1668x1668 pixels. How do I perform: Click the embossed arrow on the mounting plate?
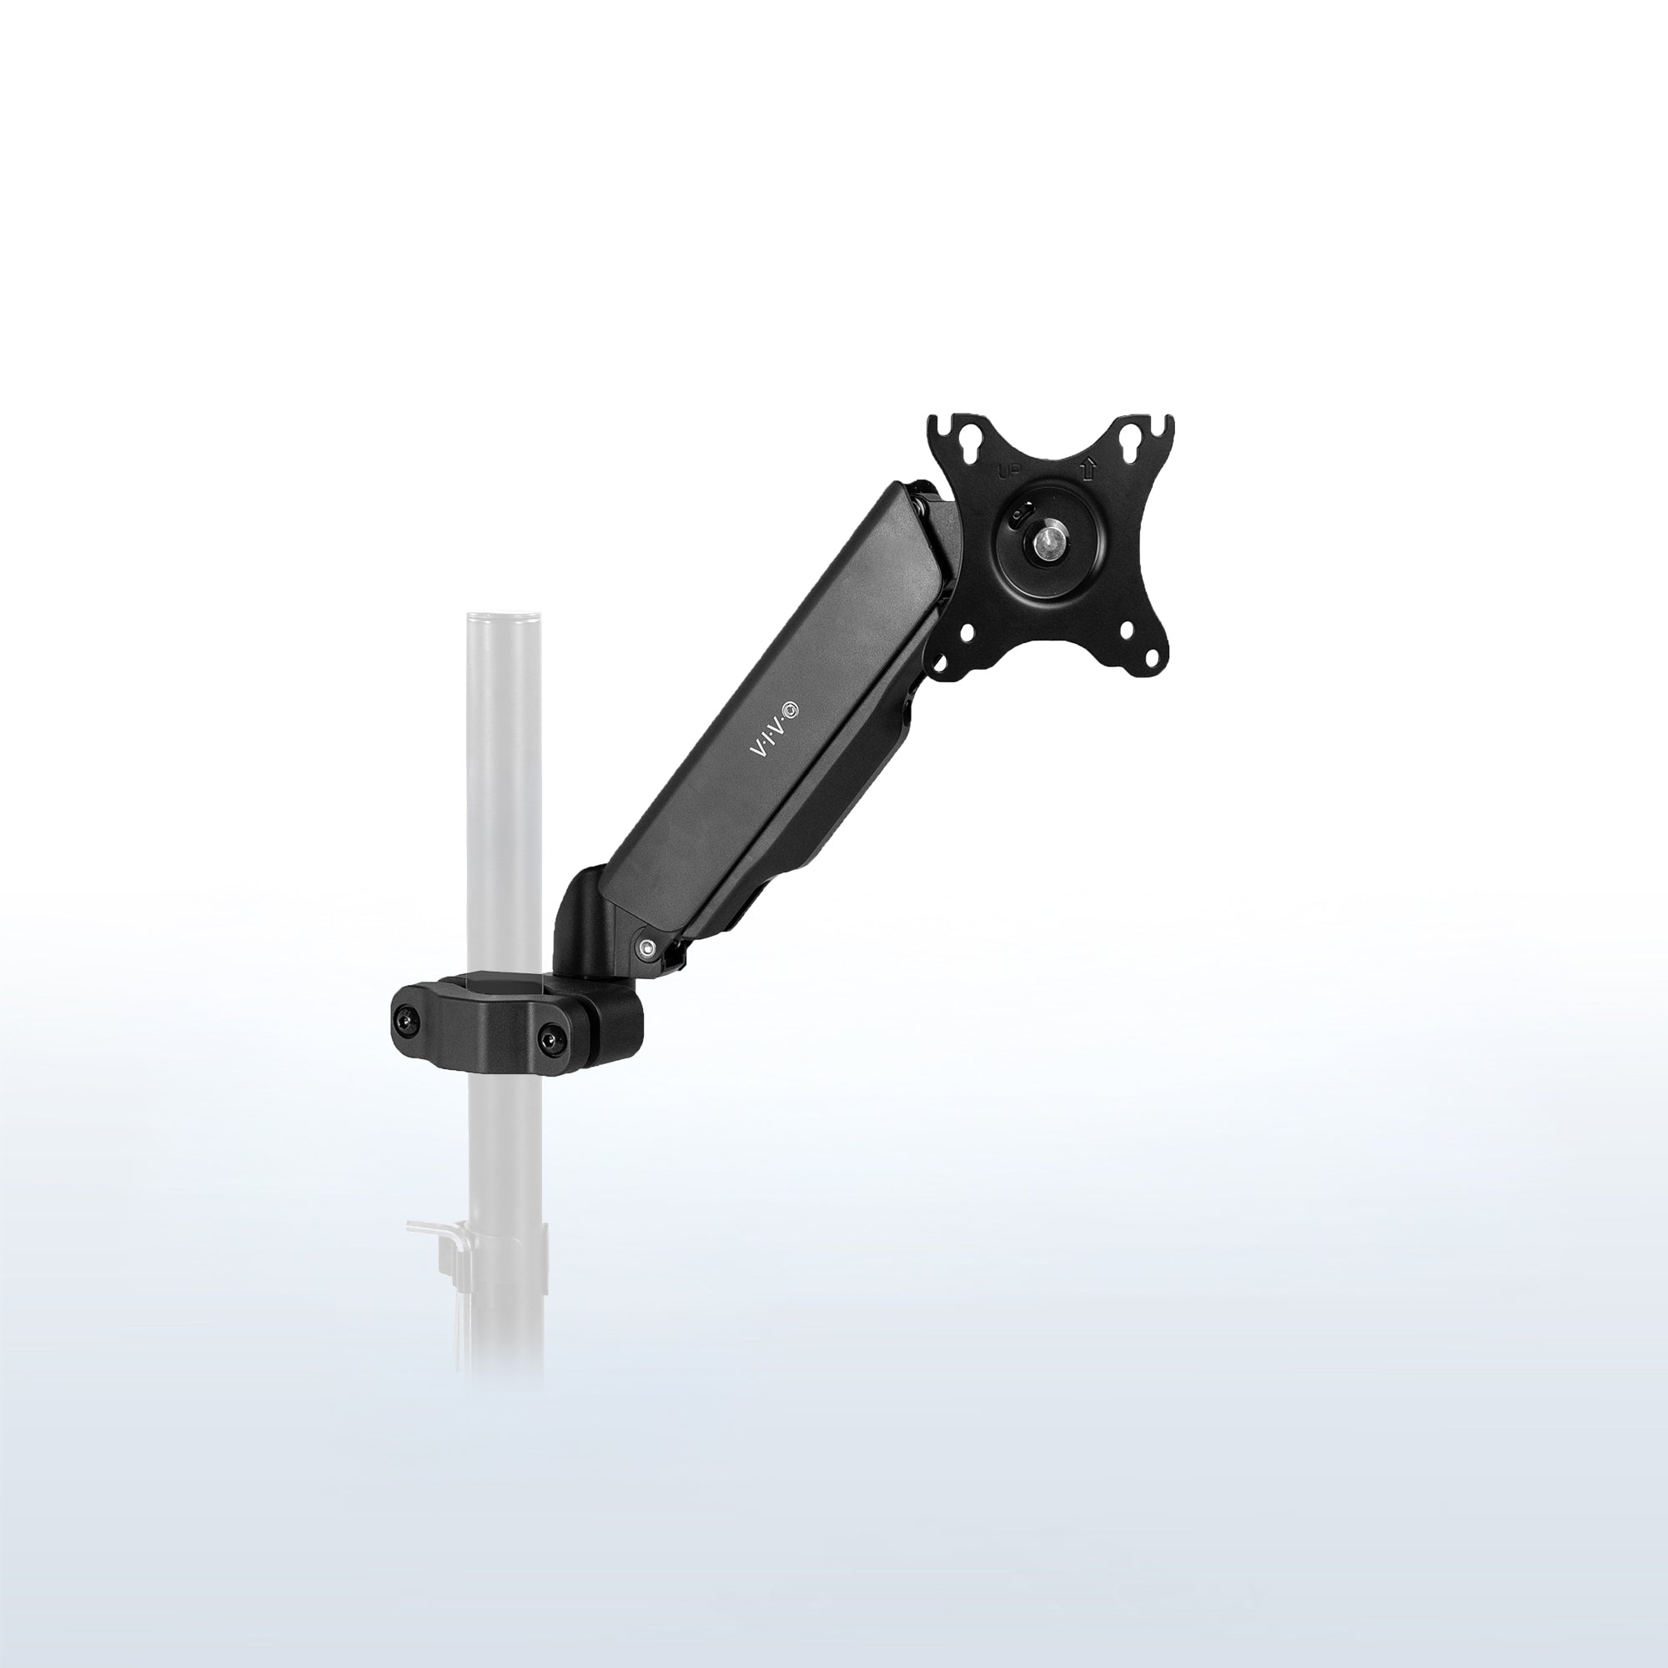point(1088,470)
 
